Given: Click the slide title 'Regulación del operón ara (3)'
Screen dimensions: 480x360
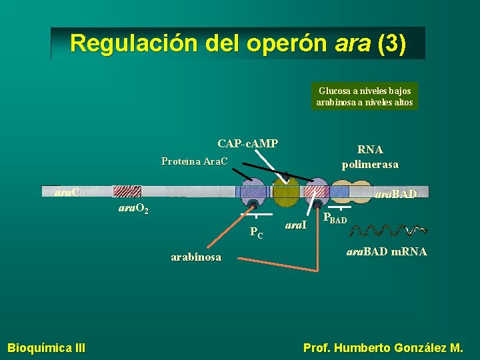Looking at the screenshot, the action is point(237,43).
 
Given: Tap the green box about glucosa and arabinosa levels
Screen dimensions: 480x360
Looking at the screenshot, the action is point(365,96).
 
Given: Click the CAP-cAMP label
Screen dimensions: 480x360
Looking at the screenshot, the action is point(247,143).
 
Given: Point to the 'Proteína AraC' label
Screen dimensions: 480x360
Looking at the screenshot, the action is point(194,161).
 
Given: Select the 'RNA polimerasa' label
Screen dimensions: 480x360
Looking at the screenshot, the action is point(370,157).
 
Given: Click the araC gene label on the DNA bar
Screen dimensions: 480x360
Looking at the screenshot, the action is point(67,193).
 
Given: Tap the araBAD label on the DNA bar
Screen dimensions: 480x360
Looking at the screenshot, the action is point(396,195).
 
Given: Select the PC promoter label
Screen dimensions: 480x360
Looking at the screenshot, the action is point(256,233).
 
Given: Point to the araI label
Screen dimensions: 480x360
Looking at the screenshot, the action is point(295,225).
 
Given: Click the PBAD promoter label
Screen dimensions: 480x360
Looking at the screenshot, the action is point(335,217).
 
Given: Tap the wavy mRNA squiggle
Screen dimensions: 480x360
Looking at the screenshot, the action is point(387,231).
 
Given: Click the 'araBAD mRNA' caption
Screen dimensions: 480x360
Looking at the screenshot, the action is point(387,252).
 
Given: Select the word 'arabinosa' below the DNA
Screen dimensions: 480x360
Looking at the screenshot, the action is point(196,257).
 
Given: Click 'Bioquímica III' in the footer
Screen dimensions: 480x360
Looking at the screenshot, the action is point(46,347).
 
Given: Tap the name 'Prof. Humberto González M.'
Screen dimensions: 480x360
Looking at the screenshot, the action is point(383,347).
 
